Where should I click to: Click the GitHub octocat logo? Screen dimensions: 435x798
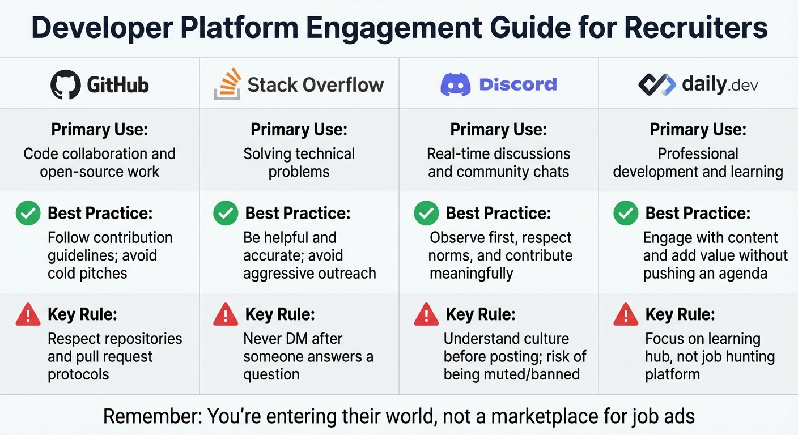pos(66,85)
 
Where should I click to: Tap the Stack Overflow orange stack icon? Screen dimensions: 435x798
pos(227,84)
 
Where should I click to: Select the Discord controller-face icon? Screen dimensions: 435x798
pos(456,85)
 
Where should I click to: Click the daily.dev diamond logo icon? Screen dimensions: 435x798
pos(657,85)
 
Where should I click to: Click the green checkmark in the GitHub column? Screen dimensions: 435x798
pos(28,214)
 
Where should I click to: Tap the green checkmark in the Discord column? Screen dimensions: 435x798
pos(426,214)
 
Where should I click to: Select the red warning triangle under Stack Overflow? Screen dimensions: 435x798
pos(226,314)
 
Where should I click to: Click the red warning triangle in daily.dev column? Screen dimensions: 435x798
pos(626,314)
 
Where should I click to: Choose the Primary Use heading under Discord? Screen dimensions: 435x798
pos(498,130)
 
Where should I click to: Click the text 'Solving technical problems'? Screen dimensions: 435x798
pos(299,163)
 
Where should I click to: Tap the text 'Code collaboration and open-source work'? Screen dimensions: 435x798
pos(100,163)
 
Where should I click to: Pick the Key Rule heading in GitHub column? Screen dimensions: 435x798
pos(82,314)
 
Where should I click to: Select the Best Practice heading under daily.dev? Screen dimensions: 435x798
pos(698,213)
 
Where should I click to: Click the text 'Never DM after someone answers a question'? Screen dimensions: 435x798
pos(308,356)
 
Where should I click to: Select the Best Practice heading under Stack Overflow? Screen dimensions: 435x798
pos(298,213)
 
